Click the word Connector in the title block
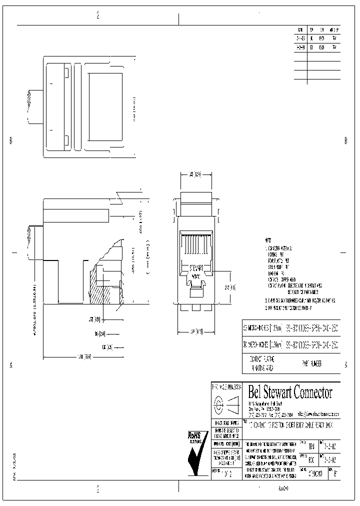pyautogui.click(x=311, y=392)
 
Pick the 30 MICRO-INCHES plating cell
pyautogui.click(x=263, y=345)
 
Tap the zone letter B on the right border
pyautogui.click(x=345, y=141)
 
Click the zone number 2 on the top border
pyautogui.click(x=97, y=15)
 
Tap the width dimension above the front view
pyautogui.click(x=195, y=175)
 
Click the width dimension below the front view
pyautogui.click(x=196, y=331)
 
